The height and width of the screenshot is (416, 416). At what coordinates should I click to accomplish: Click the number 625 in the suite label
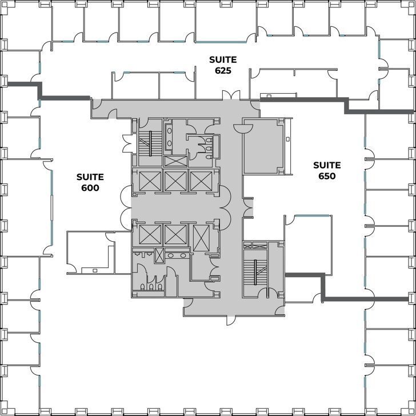click(x=222, y=71)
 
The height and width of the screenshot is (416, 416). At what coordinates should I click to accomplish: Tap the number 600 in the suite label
click(x=90, y=187)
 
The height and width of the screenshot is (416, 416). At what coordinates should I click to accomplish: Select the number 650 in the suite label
click(x=327, y=176)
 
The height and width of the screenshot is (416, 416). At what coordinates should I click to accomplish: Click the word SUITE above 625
click(x=222, y=59)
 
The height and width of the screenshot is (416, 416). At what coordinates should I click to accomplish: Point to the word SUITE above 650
click(x=327, y=165)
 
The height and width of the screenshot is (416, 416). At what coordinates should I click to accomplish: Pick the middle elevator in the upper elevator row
click(x=175, y=181)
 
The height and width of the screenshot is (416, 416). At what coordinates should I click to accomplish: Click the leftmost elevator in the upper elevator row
click(x=147, y=181)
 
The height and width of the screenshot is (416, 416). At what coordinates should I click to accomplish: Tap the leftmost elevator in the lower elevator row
click(x=147, y=235)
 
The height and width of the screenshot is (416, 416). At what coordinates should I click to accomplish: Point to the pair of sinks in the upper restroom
click(x=170, y=135)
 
